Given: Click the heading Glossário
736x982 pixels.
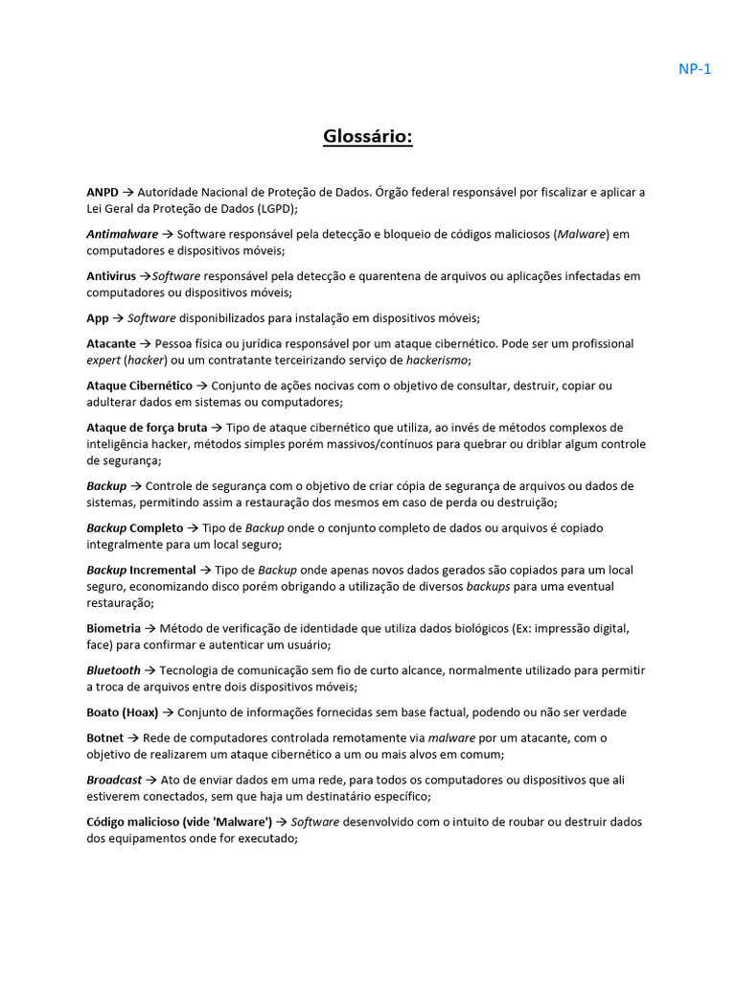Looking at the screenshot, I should tap(368, 138).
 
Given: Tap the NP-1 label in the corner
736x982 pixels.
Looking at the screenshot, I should tap(695, 68).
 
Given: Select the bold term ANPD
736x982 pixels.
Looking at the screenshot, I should tap(103, 192).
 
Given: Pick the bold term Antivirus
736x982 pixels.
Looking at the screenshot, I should tap(111, 276).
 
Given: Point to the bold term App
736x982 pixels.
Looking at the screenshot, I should tap(98, 318).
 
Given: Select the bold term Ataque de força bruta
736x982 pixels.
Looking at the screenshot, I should tap(147, 428).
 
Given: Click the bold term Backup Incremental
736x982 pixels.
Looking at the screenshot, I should tap(141, 571).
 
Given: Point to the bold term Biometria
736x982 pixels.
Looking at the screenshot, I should tap(113, 629).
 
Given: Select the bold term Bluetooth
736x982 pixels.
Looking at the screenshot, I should tap(113, 670).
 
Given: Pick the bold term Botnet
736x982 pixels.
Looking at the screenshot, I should tap(105, 737).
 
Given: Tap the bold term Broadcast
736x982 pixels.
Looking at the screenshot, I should tap(114, 780).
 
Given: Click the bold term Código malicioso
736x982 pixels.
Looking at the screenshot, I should tap(145, 822).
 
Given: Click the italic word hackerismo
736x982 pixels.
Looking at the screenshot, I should tap(437, 360).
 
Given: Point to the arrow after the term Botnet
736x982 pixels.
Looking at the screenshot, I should tap(134, 737).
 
